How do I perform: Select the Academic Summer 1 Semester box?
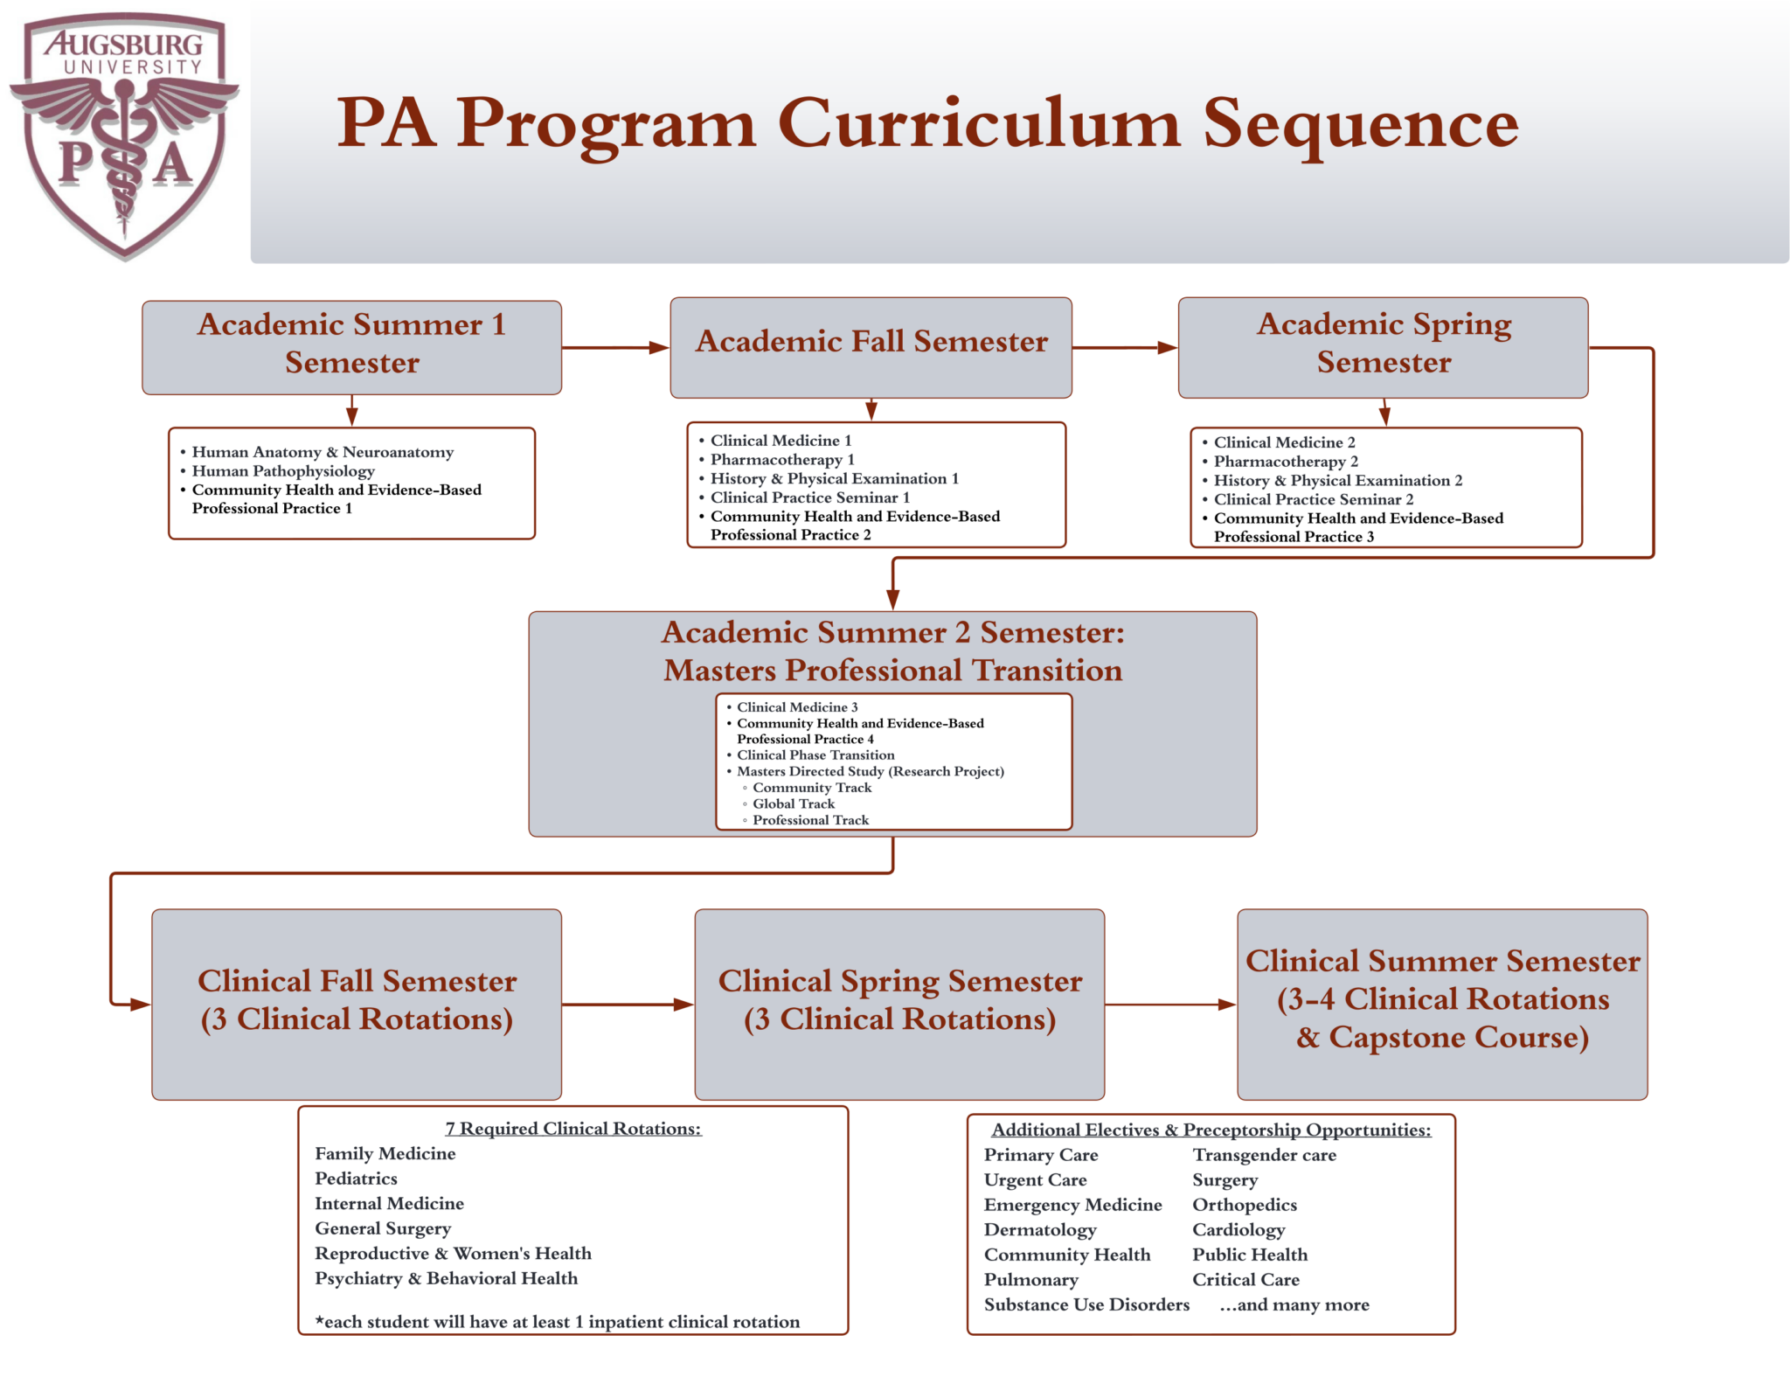351,347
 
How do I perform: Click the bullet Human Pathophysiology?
283,471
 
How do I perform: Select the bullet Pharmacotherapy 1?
782,460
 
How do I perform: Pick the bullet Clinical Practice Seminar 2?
1313,500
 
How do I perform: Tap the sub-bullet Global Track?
793,804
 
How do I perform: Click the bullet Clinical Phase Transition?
815,755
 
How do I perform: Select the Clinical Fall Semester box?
357,1003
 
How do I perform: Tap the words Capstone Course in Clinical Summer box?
1457,1038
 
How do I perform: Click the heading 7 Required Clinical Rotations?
573,1129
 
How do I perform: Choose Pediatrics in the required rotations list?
356,1179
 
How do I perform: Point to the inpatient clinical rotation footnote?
558,1322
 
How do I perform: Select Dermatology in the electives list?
1039,1230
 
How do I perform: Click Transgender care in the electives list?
1264,1156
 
